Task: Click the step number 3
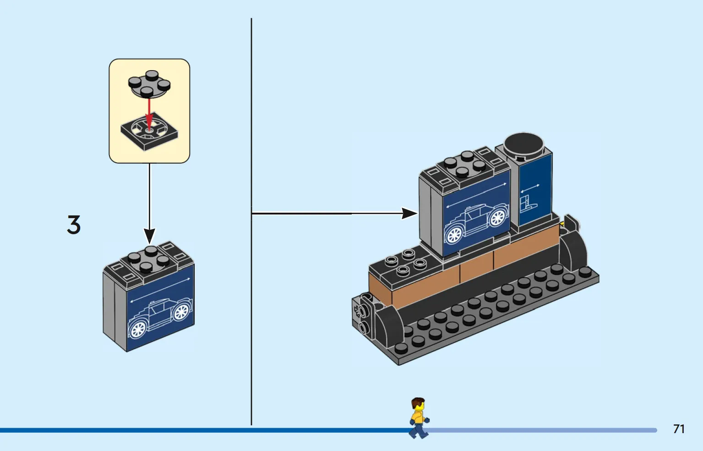74,225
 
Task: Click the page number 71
679,429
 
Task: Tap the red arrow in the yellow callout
149,114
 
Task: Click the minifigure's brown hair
418,402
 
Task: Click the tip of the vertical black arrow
150,244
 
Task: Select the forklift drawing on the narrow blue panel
528,205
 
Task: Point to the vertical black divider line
251,222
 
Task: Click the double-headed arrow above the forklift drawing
530,188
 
